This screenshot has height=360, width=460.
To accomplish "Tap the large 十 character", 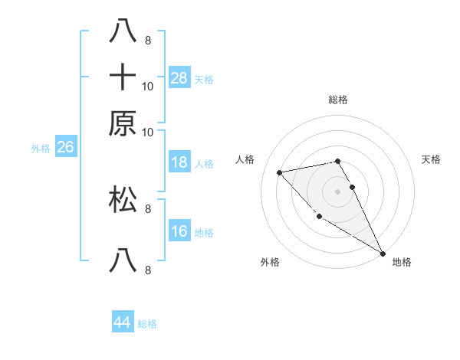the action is [123, 77].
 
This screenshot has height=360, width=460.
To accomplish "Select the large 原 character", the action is [123, 123].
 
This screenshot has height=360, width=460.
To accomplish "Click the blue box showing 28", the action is [179, 77].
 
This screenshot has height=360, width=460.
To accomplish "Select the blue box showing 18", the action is [179, 162].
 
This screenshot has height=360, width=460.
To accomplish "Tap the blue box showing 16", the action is [179, 231].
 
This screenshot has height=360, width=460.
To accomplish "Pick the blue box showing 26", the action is [65, 147].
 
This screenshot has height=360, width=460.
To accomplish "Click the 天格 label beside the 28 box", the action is [204, 79].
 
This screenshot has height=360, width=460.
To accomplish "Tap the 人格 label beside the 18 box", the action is [204, 163].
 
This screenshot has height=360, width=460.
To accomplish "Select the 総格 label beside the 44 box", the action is [147, 324].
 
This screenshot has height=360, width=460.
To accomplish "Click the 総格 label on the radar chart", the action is [338, 100].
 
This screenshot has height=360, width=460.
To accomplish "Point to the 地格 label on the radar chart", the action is [402, 262].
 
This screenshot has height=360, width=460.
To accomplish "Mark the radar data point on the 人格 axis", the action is [280, 172].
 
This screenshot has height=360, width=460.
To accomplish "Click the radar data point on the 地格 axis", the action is [383, 254].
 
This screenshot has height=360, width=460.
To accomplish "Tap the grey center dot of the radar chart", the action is [338, 191].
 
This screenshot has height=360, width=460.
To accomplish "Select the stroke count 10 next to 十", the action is [148, 86].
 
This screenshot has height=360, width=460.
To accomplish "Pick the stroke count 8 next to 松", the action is [148, 208].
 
